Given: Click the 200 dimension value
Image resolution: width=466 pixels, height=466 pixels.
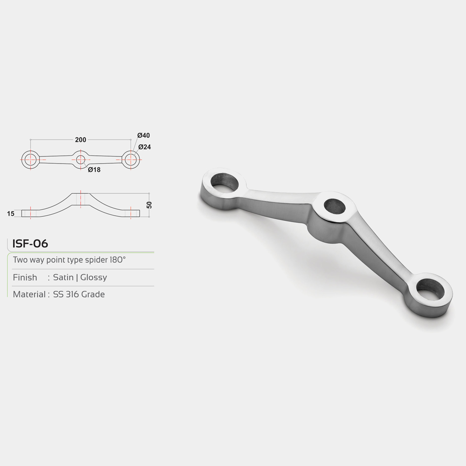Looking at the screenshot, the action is [x=81, y=140].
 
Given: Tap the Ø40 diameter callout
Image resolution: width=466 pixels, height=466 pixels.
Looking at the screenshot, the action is [x=144, y=135].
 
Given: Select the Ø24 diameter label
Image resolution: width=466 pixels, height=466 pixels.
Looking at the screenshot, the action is [x=145, y=147].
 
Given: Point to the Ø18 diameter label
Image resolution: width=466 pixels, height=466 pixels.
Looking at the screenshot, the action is [x=94, y=170].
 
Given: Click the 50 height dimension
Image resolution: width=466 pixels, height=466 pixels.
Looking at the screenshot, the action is [x=149, y=205].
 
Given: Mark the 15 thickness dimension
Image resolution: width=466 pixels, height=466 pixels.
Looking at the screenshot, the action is [x=11, y=213].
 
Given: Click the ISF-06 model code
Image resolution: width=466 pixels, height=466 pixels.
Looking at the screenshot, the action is [x=30, y=243].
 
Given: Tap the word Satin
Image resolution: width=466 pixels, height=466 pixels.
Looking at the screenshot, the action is [x=63, y=277].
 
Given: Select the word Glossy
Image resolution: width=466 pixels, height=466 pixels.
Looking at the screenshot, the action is [x=94, y=278].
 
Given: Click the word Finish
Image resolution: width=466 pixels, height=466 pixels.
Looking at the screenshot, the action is [x=25, y=277].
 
